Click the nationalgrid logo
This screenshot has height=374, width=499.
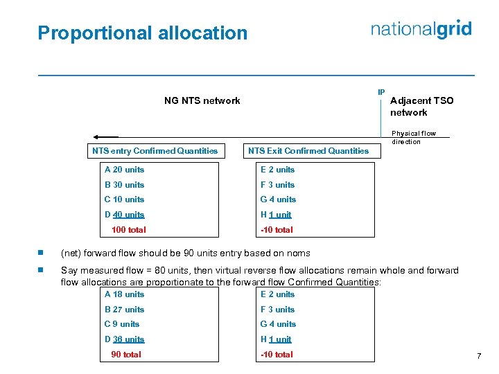tap(421, 29)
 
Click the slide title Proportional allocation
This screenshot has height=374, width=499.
tap(142, 33)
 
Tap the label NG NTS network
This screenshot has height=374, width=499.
tap(202, 100)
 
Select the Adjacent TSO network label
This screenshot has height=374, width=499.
tap(421, 106)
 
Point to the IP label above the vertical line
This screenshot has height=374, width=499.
tap(381, 92)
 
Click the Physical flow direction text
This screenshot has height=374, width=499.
tap(414, 137)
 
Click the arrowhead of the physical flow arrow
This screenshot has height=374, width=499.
tap(98, 137)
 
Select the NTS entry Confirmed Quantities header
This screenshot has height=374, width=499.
tap(155, 150)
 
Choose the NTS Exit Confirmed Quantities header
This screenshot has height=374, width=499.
tap(308, 150)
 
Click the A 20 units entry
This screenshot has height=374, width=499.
tap(124, 170)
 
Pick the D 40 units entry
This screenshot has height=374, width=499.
tap(124, 215)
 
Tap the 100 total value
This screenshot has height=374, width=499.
tap(128, 229)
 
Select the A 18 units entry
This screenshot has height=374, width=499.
tap(124, 294)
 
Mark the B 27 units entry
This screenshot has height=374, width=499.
tap(124, 310)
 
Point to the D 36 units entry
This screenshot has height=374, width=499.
tap(124, 339)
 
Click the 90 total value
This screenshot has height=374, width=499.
tap(125, 354)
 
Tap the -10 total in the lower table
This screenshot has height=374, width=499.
tap(277, 354)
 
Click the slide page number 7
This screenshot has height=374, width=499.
tap(478, 356)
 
